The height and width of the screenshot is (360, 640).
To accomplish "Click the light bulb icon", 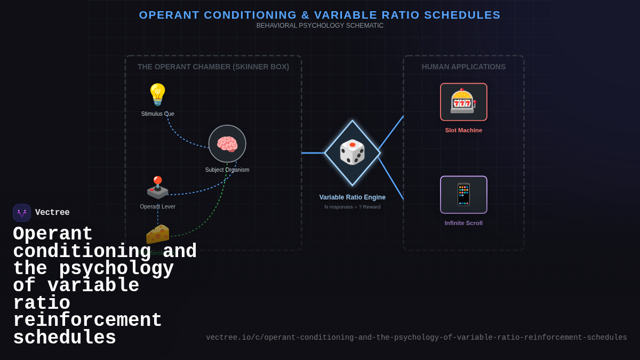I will pos(157,94).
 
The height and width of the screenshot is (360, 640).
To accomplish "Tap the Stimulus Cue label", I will pos(157,114).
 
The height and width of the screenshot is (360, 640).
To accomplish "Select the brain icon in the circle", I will pos(227,144).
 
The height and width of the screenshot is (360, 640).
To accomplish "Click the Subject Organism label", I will pos(227,170).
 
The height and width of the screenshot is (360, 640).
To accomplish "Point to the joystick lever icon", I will pos(157,187).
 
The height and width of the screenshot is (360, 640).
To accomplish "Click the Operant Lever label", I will pos(157,206).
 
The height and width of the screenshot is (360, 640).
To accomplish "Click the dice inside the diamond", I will pos(352,153).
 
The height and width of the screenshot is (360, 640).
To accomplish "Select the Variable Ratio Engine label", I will pos(352,197).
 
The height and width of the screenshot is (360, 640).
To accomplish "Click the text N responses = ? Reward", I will pos(352,207).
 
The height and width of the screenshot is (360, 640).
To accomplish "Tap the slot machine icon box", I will pos(463,102).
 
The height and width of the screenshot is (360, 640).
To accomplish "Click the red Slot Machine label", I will pos(463,130).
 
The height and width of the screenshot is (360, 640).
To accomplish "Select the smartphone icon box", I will pos(463,195).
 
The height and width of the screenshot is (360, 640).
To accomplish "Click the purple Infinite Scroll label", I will pos(463,223).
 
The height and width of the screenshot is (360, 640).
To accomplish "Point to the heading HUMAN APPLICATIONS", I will pos(463,67).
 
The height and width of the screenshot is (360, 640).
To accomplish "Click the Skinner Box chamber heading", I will pos(213,67).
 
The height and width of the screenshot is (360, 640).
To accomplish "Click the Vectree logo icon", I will pos(22,213).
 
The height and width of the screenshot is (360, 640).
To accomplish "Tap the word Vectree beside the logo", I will pos(52,213).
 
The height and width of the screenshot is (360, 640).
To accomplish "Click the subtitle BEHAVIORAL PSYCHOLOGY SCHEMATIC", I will pos(319,26).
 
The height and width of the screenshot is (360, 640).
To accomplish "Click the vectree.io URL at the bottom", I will pos(416,338).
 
